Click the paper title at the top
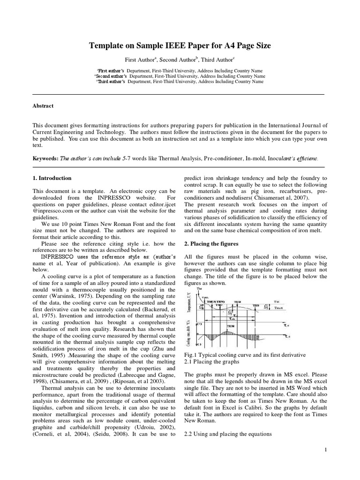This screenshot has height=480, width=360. click(x=180, y=45)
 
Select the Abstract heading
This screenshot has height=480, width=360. click(x=43, y=106)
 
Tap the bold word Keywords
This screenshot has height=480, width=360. click(x=45, y=159)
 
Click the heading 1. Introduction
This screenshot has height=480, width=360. click(x=52, y=178)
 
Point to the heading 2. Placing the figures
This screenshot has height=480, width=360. click(x=211, y=244)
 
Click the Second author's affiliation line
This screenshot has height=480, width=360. click(x=180, y=75)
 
